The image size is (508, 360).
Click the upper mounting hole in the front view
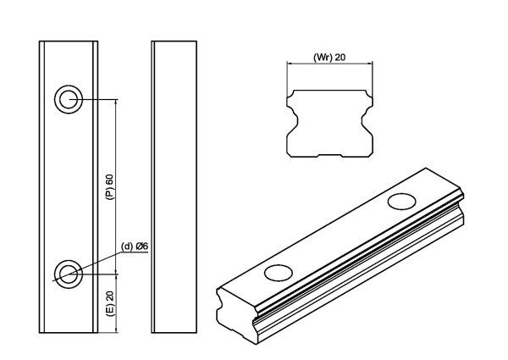[x=68, y=100]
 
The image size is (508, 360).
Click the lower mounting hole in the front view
[x=68, y=272]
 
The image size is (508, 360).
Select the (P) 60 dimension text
[x=109, y=186]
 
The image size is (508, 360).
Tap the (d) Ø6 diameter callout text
[x=135, y=246]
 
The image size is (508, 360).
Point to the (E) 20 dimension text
[x=109, y=301]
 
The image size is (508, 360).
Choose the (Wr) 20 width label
[x=329, y=58]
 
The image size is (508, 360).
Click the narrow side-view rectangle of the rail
[x=174, y=186]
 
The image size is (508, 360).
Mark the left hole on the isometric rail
[x=277, y=272]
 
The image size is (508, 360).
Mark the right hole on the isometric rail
[x=401, y=201]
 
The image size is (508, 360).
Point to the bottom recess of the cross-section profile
[x=329, y=156]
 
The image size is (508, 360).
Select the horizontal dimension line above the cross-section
[x=329, y=65]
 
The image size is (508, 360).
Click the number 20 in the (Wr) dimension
[x=340, y=58]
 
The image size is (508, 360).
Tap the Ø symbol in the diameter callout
[x=141, y=246]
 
